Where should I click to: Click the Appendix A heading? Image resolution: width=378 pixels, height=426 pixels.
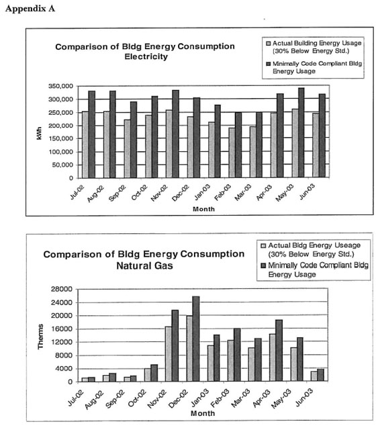30,9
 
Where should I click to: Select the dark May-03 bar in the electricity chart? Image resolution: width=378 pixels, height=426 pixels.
301,132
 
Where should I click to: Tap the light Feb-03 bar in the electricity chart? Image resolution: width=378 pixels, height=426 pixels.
232,153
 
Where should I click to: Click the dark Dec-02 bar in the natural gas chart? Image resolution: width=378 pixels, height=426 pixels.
196,339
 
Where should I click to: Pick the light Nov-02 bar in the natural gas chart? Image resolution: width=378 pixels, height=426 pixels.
169,353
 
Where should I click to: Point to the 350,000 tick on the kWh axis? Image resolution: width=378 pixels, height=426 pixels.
61,87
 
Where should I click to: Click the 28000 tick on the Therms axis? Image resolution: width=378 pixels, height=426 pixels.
62,289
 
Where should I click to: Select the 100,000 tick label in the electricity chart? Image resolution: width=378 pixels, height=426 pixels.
61,152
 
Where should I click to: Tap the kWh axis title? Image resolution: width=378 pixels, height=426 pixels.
39,133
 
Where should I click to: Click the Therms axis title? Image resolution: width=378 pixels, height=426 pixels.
40,337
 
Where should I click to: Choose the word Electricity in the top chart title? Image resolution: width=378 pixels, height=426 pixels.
146,56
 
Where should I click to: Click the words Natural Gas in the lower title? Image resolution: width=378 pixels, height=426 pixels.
144,265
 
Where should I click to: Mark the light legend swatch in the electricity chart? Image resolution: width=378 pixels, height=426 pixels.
269,44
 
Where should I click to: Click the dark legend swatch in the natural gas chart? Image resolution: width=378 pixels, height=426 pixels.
263,265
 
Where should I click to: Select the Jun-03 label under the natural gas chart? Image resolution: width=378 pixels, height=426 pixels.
303,397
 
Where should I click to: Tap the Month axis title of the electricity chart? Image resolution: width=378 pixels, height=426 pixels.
203,209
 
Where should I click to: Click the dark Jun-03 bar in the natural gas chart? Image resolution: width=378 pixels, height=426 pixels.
320,375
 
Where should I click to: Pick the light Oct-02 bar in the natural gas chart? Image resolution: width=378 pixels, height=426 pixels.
148,375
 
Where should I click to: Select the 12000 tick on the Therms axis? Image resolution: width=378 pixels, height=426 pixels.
62,342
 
